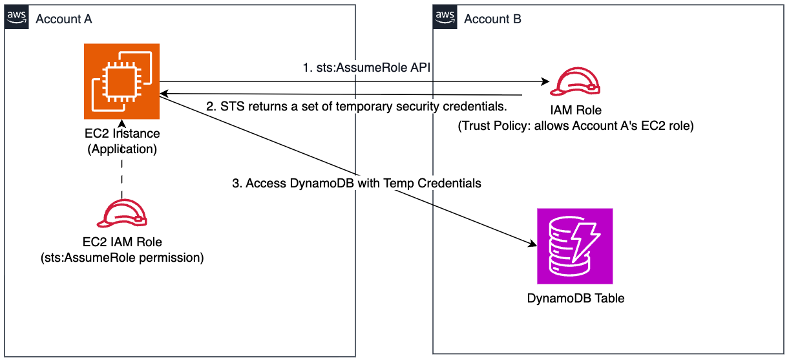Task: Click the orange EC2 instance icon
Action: pyautogui.click(x=121, y=80)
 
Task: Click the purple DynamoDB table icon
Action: pyautogui.click(x=574, y=246)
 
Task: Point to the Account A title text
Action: pyautogui.click(x=63, y=19)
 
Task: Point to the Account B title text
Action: pyautogui.click(x=492, y=19)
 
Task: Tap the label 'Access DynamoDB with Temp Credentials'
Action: pyautogui.click(x=357, y=184)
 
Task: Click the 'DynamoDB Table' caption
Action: pyautogui.click(x=575, y=299)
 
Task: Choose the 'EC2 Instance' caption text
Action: pyautogui.click(x=121, y=134)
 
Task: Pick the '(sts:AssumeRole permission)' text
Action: pyautogui.click(x=121, y=258)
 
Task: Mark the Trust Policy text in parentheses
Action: pyautogui.click(x=575, y=126)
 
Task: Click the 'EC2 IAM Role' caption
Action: pyautogui.click(x=121, y=242)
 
